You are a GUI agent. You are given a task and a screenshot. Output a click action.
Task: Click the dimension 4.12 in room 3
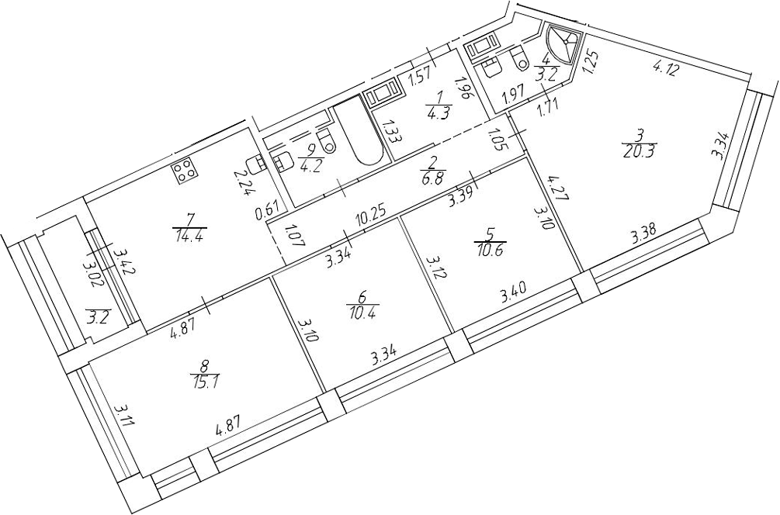point(664,68)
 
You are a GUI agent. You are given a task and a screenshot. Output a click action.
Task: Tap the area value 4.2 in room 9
point(308,165)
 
